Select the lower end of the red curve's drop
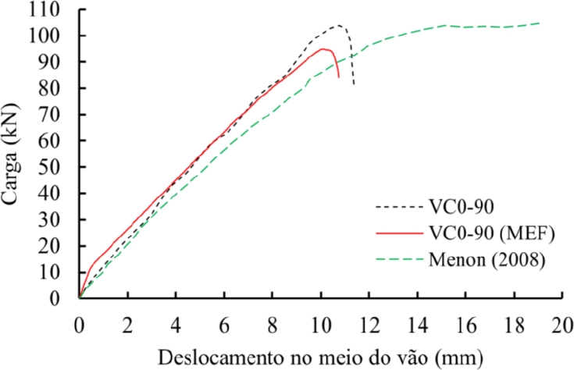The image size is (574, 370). (339, 77)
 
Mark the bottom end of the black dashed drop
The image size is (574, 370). (354, 84)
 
